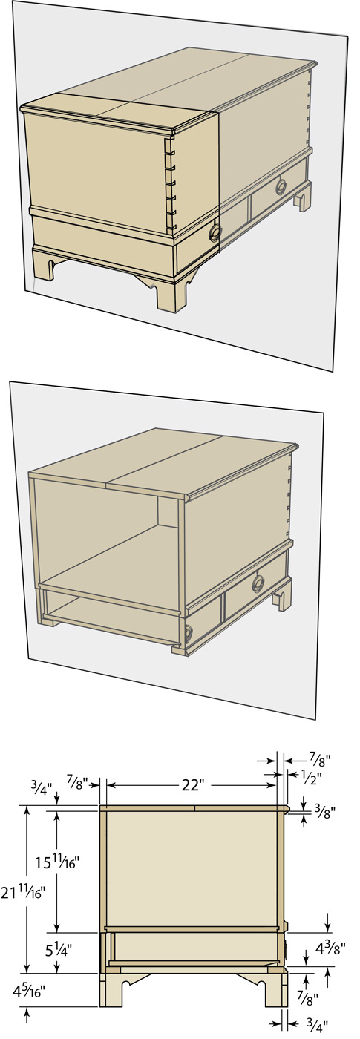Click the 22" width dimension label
pos(192,785)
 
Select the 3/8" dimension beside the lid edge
pos(325,811)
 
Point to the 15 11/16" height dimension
pos(58,862)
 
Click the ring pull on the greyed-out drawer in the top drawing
pos(281,186)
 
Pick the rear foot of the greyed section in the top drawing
pos(303,197)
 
